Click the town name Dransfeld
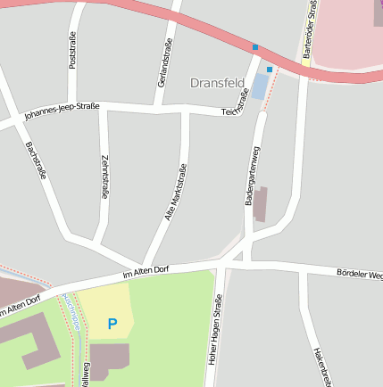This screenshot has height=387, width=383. (x=218, y=83)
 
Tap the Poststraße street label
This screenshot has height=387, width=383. (x=72, y=49)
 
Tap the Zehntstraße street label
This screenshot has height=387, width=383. (x=105, y=177)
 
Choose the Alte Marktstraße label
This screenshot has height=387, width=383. (x=175, y=193)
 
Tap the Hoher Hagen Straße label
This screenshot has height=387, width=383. (x=215, y=332)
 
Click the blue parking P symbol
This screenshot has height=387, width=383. (x=112, y=324)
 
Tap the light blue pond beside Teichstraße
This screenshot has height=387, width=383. (x=260, y=86)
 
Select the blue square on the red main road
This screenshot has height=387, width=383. (x=255, y=47)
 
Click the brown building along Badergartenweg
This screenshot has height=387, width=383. (x=260, y=203)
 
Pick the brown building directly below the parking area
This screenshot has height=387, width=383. (x=109, y=361)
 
